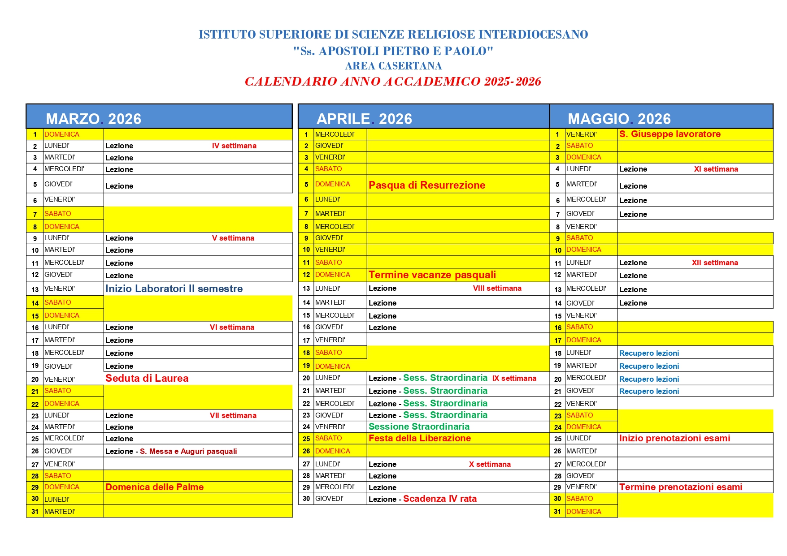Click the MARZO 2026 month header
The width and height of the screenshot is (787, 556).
click(x=93, y=119)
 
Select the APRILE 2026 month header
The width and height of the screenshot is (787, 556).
click(x=364, y=119)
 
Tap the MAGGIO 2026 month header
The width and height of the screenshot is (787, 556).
click(x=619, y=119)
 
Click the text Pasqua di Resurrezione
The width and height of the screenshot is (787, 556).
click(x=426, y=185)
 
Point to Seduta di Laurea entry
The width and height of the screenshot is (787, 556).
click(x=147, y=378)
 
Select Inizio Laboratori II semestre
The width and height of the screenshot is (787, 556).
click(x=174, y=289)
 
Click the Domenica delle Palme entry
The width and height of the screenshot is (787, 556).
click(x=154, y=487)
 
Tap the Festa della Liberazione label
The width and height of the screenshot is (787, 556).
click(x=419, y=438)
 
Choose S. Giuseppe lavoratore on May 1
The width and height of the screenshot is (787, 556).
click(x=670, y=134)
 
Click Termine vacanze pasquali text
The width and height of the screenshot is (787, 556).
click(x=432, y=275)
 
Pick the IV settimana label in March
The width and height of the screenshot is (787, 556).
click(x=234, y=146)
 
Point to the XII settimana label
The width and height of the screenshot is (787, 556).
click(x=714, y=263)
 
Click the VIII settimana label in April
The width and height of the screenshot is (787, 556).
click(x=497, y=288)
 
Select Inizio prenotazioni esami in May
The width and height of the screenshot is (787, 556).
click(x=674, y=438)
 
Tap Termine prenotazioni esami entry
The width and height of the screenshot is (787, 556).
click(x=680, y=487)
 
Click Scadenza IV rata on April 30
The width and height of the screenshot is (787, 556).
click(x=439, y=499)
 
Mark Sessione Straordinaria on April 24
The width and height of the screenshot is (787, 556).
click(x=419, y=427)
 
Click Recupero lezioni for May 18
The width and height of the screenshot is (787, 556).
click(x=649, y=353)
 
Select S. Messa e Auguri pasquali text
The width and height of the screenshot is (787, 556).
click(x=188, y=451)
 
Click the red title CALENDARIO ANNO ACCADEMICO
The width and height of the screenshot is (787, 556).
click(x=393, y=82)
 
